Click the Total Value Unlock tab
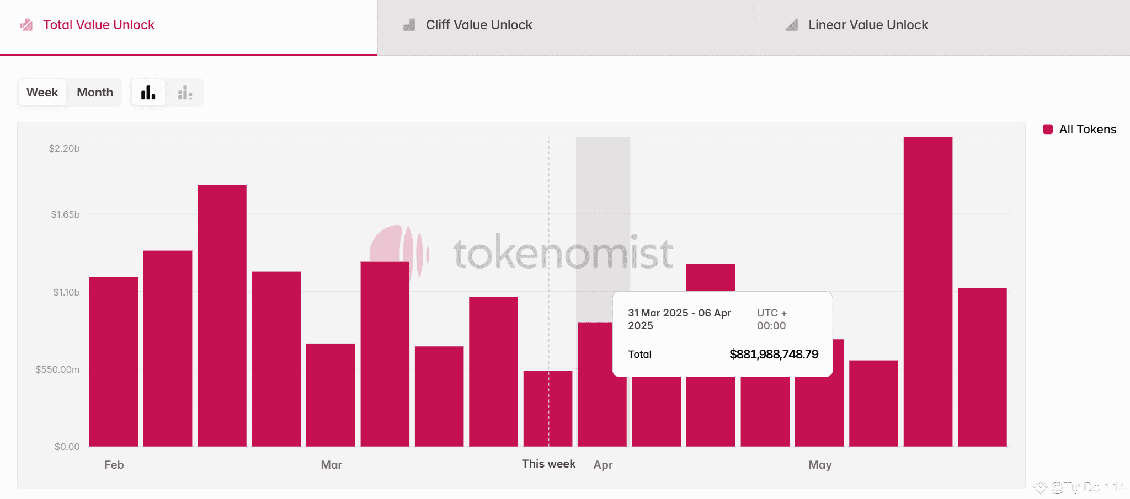pyautogui.click(x=98, y=25)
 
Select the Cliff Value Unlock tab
pyautogui.click(x=478, y=25)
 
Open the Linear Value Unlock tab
pyautogui.click(x=867, y=25)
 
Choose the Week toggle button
pyautogui.click(x=42, y=92)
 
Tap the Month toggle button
pyautogui.click(x=95, y=92)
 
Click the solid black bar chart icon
pyautogui.click(x=148, y=92)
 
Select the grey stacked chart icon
pyautogui.click(x=185, y=93)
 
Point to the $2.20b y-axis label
pyautogui.click(x=64, y=148)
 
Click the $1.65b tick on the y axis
pyautogui.click(x=65, y=214)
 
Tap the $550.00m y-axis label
pyautogui.click(x=57, y=369)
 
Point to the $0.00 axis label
pyautogui.click(x=67, y=447)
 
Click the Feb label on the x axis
pyautogui.click(x=114, y=465)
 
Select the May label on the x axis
pyautogui.click(x=820, y=465)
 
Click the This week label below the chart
pyautogui.click(x=548, y=464)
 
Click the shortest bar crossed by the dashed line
pyautogui.click(x=547, y=408)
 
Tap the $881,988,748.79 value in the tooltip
pyautogui.click(x=774, y=354)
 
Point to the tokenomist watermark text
pyautogui.click(x=563, y=253)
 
